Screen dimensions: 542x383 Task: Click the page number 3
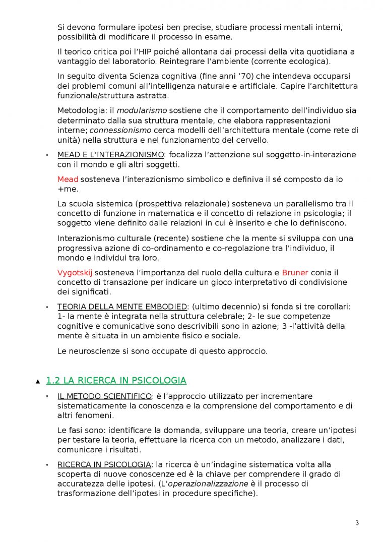(x=357, y=523)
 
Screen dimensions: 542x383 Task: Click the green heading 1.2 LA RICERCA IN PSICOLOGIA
(x=116, y=381)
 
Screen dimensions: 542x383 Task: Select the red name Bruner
(x=295, y=273)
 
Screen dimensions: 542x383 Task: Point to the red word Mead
(x=68, y=179)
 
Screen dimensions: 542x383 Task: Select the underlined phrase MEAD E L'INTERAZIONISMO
(x=111, y=155)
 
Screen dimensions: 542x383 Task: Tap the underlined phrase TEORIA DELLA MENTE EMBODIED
(x=122, y=307)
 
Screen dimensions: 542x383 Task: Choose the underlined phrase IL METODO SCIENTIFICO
(x=104, y=396)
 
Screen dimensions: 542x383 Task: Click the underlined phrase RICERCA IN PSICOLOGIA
(x=104, y=464)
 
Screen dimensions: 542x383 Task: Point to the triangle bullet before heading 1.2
(x=38, y=382)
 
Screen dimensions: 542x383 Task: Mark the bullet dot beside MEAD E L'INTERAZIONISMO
(x=47, y=155)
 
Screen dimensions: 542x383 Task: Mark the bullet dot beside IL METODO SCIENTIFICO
(x=47, y=396)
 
